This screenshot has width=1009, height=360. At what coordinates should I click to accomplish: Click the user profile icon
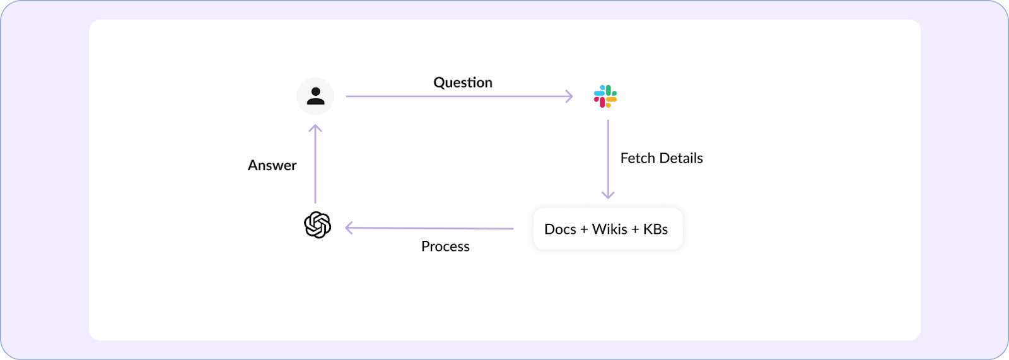315,96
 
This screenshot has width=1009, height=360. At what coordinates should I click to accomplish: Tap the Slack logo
605,96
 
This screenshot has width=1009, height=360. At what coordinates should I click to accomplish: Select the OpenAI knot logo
318,225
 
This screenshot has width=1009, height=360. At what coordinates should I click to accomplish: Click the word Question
463,83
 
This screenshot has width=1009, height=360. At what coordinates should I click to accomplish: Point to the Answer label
272,165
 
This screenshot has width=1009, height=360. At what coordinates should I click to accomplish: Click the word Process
445,247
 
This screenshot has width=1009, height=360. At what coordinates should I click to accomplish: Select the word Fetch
638,158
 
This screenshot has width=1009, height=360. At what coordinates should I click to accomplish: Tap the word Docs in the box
560,229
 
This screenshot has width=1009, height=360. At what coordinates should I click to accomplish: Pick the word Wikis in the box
609,229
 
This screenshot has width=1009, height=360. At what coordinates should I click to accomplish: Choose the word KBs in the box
655,229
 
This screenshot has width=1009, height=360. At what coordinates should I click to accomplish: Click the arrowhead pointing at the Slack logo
569,96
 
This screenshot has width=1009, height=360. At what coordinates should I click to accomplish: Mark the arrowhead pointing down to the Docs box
608,195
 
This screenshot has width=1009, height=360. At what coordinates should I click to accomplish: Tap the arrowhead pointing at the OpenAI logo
349,228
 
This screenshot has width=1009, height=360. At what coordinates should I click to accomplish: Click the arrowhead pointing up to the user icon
315,129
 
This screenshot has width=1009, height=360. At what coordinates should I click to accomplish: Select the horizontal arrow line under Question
454,96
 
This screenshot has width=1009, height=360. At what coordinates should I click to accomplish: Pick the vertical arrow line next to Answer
315,167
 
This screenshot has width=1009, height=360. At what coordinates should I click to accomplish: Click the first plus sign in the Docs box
584,229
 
